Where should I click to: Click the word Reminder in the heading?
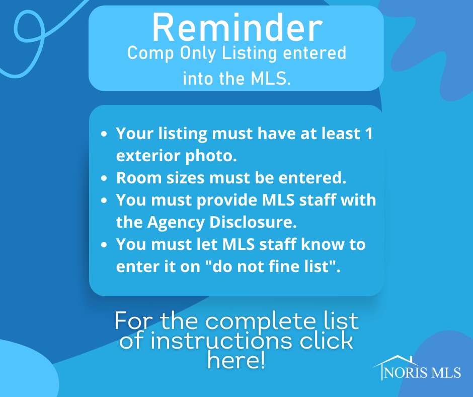click(x=238, y=28)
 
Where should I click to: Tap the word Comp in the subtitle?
click(x=150, y=54)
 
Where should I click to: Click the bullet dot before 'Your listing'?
click(x=104, y=134)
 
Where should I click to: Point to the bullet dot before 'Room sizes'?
click(x=104, y=178)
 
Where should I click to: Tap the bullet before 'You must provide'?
click(x=104, y=200)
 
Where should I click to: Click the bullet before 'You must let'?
click(x=104, y=244)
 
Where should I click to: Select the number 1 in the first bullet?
click(x=369, y=134)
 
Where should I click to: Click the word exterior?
click(x=148, y=156)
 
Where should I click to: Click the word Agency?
click(x=176, y=223)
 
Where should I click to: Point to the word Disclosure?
click(x=253, y=222)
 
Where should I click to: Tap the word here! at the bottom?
click(x=236, y=360)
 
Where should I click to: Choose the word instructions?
click(x=221, y=341)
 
